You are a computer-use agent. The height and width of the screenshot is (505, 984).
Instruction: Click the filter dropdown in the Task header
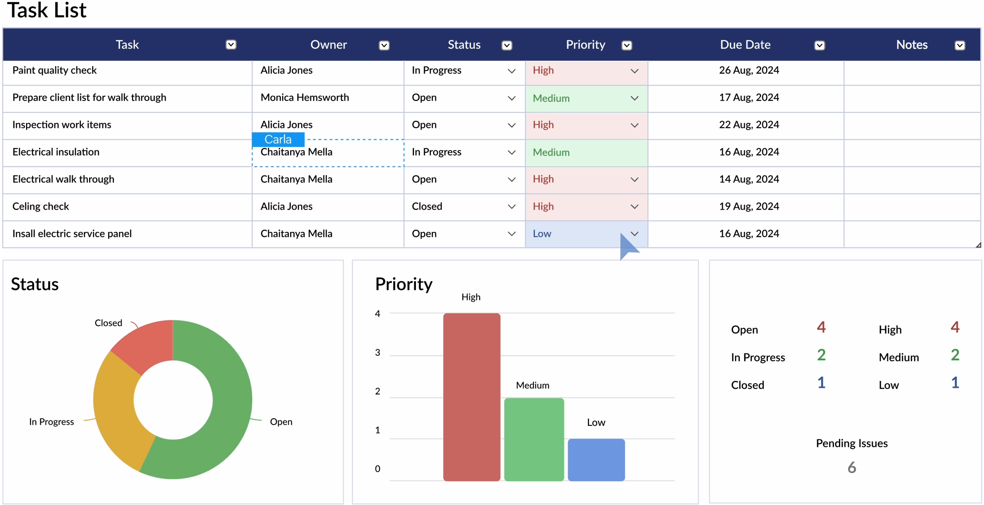pyautogui.click(x=231, y=45)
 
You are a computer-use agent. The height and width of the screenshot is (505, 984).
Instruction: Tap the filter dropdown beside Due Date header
pyautogui.click(x=820, y=45)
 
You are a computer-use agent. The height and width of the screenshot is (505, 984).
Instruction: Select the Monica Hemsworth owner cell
pyautogui.click(x=305, y=98)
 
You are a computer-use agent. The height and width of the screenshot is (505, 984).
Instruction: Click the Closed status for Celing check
pyautogui.click(x=427, y=206)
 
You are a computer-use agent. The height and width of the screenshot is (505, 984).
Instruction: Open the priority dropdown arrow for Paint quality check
pyautogui.click(x=635, y=71)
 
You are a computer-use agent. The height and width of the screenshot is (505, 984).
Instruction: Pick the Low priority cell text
pyautogui.click(x=542, y=234)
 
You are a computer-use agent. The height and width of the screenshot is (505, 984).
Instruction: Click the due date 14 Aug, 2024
pyautogui.click(x=749, y=179)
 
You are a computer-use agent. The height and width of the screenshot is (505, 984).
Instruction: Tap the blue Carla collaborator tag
pyautogui.click(x=278, y=139)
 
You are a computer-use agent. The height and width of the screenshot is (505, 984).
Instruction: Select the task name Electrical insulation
pyautogui.click(x=56, y=152)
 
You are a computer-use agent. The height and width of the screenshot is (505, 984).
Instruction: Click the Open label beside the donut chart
pyautogui.click(x=281, y=422)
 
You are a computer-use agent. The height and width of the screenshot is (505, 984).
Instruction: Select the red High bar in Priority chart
pyautogui.click(x=472, y=397)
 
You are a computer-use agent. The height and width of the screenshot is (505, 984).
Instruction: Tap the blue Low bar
pyautogui.click(x=596, y=460)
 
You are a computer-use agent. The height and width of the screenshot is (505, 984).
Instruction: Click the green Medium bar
pyautogui.click(x=534, y=439)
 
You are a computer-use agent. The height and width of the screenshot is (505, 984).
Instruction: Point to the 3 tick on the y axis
pyautogui.click(x=378, y=353)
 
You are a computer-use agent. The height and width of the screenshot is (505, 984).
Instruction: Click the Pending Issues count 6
pyautogui.click(x=852, y=468)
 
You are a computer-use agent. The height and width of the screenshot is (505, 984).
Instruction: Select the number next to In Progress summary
pyautogui.click(x=821, y=355)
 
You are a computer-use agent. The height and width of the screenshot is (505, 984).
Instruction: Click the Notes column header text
pyautogui.click(x=912, y=45)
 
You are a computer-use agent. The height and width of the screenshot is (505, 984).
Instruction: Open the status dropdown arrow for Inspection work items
pyautogui.click(x=512, y=125)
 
